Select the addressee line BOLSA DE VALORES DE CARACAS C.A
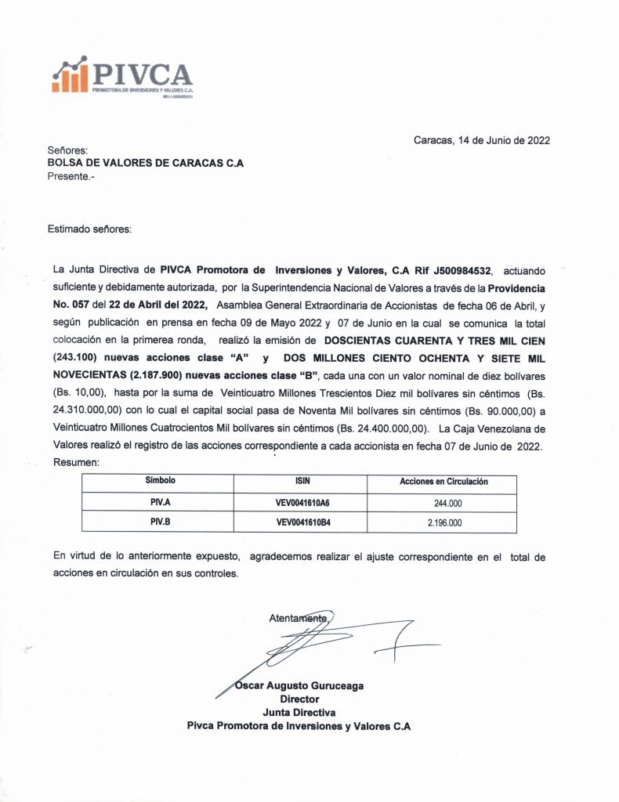(x=146, y=163)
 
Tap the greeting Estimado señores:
(x=90, y=229)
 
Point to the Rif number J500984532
(x=453, y=270)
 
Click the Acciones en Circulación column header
(x=443, y=481)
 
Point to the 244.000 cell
(x=444, y=502)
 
